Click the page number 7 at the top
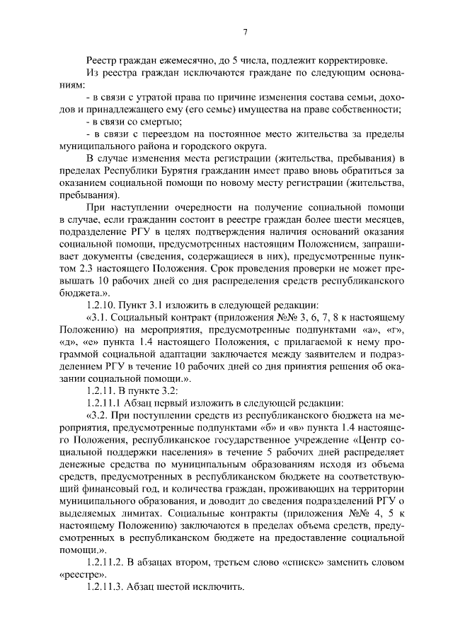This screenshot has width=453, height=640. click(245, 33)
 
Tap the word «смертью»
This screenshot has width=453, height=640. click(149, 122)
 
